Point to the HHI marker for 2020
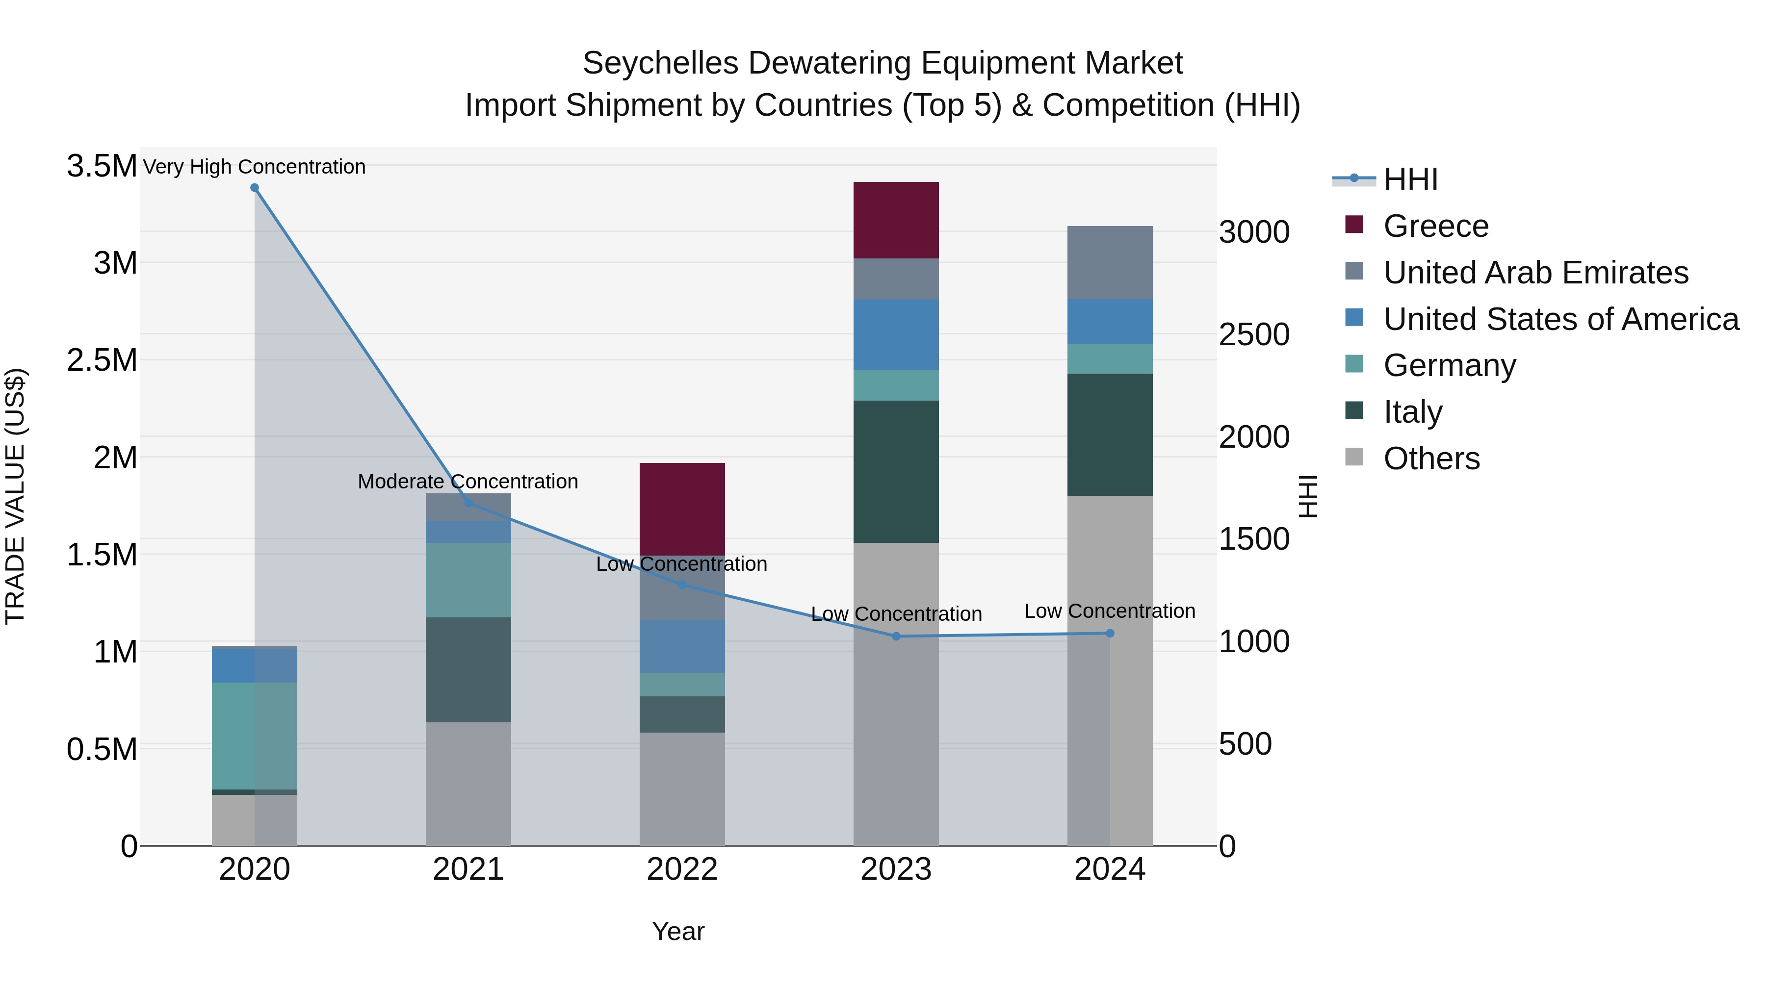point(254,188)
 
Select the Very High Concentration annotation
point(254,167)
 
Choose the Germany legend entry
point(1449,365)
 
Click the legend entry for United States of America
point(1560,319)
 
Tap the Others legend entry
point(1431,458)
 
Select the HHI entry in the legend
point(1410,179)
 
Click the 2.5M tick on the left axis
point(102,360)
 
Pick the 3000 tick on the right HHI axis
point(1254,232)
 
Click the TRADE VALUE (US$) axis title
point(15,496)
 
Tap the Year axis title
point(677,931)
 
